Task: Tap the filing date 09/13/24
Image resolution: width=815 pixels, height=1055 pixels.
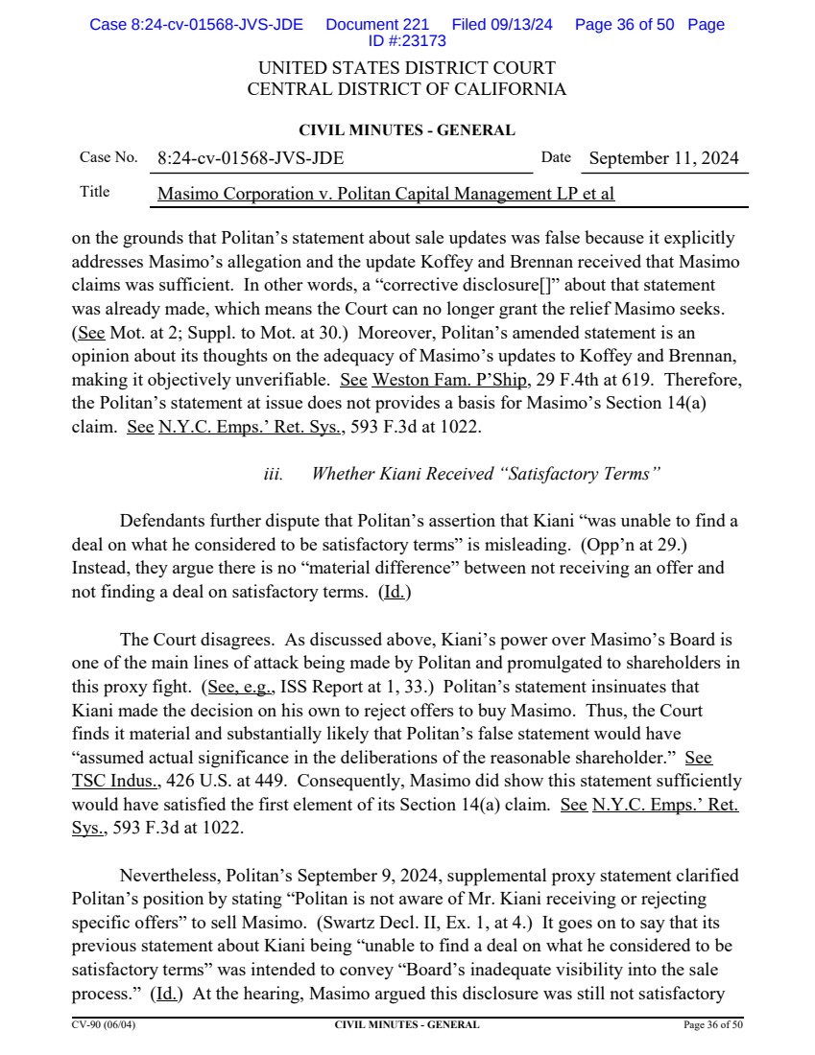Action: click(519, 25)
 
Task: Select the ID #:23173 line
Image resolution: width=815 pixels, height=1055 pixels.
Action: click(406, 41)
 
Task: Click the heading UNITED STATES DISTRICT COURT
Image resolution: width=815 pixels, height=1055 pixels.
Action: click(406, 69)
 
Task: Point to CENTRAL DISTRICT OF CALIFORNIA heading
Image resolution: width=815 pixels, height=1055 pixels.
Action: click(406, 90)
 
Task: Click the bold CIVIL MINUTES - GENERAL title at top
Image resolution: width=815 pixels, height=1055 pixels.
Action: click(407, 130)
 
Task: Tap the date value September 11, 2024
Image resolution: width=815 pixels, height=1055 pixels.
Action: click(664, 158)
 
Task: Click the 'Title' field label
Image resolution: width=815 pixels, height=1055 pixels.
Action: click(94, 192)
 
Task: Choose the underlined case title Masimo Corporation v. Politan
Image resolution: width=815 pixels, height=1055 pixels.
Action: click(385, 194)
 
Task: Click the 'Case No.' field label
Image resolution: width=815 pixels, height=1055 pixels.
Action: click(108, 157)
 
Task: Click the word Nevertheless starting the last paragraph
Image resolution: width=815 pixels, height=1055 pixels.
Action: click(176, 876)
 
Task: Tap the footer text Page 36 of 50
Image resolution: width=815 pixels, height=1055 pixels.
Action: click(712, 1025)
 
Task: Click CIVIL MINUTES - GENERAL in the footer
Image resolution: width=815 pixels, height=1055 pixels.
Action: click(407, 1025)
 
